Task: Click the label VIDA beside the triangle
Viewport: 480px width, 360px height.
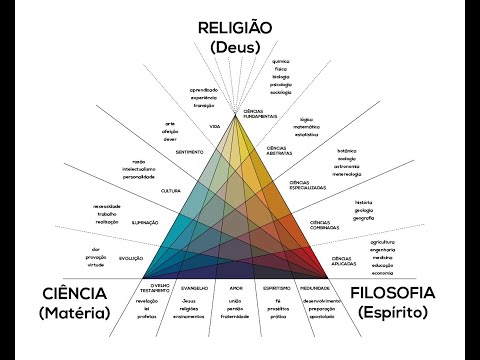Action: [x=214, y=128]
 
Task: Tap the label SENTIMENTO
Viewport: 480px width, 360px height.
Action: [x=190, y=153]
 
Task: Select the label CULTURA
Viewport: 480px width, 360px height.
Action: [x=170, y=190]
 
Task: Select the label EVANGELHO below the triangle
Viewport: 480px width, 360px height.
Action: [x=194, y=286]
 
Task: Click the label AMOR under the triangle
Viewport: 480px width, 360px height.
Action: [x=236, y=286]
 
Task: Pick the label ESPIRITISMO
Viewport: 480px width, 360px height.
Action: [x=276, y=286]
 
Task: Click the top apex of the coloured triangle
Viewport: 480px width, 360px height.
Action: [x=237, y=113]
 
